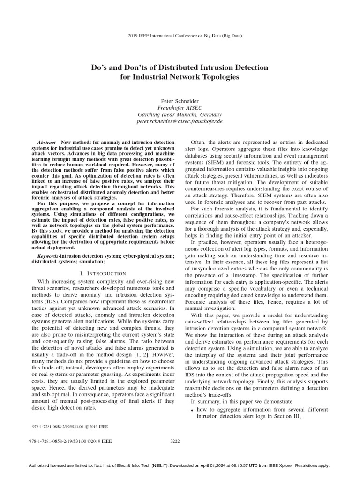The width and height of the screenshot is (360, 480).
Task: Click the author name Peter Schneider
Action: pyautogui.click(x=180, y=100)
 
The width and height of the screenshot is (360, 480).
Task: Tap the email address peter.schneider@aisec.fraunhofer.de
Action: pyautogui.click(x=180, y=121)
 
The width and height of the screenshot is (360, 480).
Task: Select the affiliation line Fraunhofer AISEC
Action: pyautogui.click(x=180, y=107)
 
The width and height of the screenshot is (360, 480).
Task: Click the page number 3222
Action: pyautogui.click(x=180, y=441)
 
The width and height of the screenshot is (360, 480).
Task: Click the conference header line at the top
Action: pyautogui.click(x=180, y=36)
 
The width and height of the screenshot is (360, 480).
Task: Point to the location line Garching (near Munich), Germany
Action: pyautogui.click(x=180, y=114)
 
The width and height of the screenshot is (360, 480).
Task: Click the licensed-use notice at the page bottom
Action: pyautogui.click(x=180, y=465)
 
